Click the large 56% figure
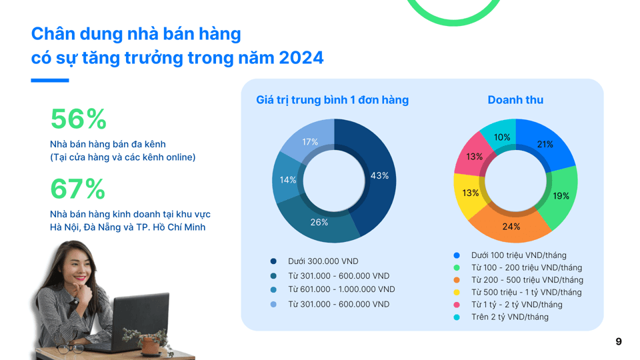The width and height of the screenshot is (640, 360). point(78,119)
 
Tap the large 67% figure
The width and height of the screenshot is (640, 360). point(78,189)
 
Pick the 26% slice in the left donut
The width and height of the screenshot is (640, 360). point(320,222)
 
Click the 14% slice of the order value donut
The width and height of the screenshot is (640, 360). point(287,180)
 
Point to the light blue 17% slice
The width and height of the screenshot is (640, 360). point(310,141)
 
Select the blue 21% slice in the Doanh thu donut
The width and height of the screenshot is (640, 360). point(545,145)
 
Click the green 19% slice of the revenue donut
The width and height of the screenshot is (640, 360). point(560,196)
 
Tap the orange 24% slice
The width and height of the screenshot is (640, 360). point(511,226)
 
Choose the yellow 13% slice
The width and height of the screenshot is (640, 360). point(471,193)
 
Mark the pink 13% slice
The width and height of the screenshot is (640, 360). point(474,157)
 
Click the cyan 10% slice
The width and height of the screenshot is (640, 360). point(502,137)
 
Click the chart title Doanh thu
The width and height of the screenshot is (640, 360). point(515,100)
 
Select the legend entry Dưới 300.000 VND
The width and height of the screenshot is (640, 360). point(323,261)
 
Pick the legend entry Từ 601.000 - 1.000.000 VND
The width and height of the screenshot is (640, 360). point(341,289)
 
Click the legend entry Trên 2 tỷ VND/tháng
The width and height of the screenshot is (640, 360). point(509,317)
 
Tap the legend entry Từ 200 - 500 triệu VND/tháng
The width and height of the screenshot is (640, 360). point(527,280)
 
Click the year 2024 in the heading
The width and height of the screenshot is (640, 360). point(301,58)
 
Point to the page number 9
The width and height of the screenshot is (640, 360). point(619,341)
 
